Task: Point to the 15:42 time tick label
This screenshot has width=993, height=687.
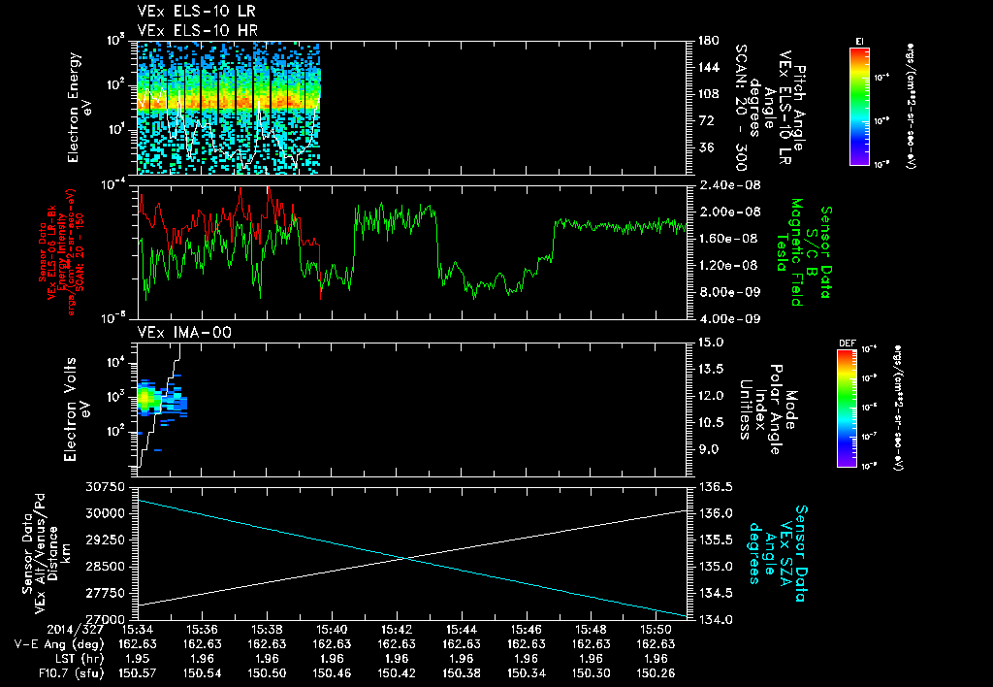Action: pos(398,630)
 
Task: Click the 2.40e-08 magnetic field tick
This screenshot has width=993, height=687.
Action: pos(719,184)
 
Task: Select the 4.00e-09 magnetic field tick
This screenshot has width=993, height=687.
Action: pos(719,318)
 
